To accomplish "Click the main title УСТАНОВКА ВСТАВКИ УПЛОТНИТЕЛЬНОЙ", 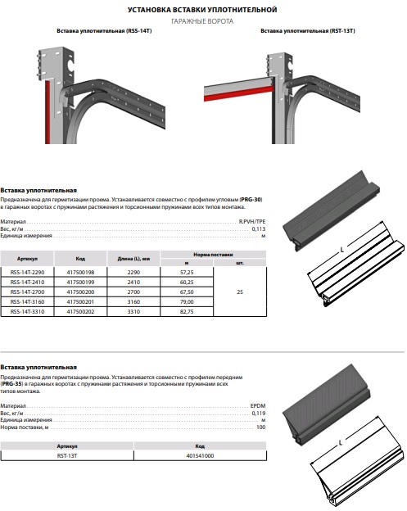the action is click(202, 10).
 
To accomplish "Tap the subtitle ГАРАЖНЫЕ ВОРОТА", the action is click(202, 21).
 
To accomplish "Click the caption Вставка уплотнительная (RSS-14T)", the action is click(104, 31).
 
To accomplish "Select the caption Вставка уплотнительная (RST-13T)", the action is click(308, 31).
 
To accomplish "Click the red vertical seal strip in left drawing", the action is click(47, 112).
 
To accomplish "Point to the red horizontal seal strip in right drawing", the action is click(238, 94).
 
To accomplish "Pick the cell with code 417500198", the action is click(80, 272).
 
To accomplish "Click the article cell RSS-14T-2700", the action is click(27, 292).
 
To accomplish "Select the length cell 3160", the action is click(133, 302).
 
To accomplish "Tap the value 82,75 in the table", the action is click(187, 311).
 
